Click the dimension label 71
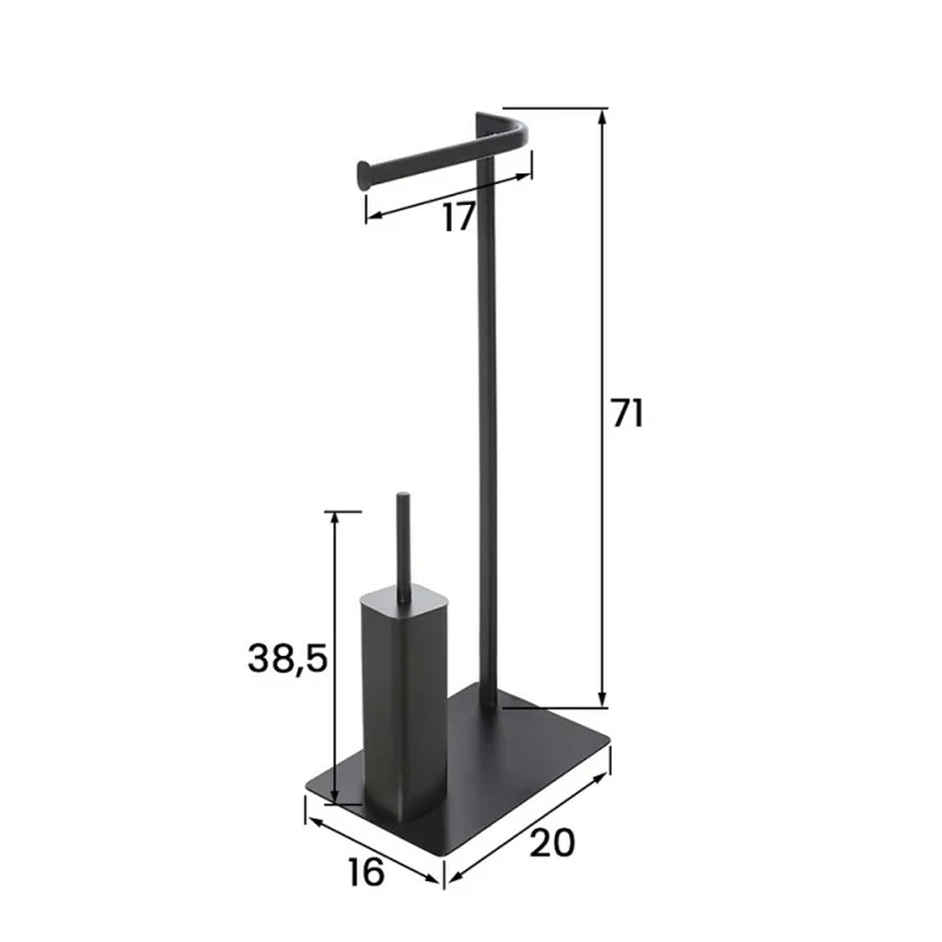click(x=627, y=412)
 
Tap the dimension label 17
click(x=459, y=217)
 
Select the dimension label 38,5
click(x=287, y=658)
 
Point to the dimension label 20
click(x=552, y=843)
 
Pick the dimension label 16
click(x=365, y=872)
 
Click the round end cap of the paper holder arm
click(x=364, y=175)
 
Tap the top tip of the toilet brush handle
click(x=403, y=496)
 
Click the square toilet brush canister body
click(x=403, y=709)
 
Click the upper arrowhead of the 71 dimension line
click(x=602, y=117)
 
